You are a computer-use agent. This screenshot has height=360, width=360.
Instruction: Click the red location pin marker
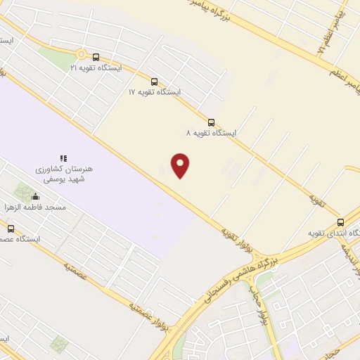pyautogui.click(x=181, y=165)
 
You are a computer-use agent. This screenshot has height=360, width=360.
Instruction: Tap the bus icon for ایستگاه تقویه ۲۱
pyautogui.click(x=96, y=57)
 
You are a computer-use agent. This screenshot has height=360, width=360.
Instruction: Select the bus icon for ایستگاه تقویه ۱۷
pyautogui.click(x=154, y=81)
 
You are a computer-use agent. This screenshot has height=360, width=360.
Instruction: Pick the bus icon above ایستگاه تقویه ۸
pyautogui.click(x=212, y=122)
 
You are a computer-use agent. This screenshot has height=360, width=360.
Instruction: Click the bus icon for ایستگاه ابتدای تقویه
pyautogui.click(x=341, y=222)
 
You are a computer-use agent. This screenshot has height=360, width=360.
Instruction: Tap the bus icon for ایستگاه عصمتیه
pyautogui.click(x=10, y=229)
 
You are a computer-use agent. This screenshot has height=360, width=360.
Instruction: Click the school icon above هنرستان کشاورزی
pyautogui.click(x=63, y=159)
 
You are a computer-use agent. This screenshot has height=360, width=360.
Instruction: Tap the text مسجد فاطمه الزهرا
pyautogui.click(x=56, y=208)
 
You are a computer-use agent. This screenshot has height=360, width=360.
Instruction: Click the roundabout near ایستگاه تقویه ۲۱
pyautogui.click(x=82, y=53)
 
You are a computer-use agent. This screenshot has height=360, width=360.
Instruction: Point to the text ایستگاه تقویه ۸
pyautogui.click(x=211, y=133)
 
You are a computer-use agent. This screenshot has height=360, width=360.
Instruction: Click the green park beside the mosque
pyautogui.click(x=25, y=191)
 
